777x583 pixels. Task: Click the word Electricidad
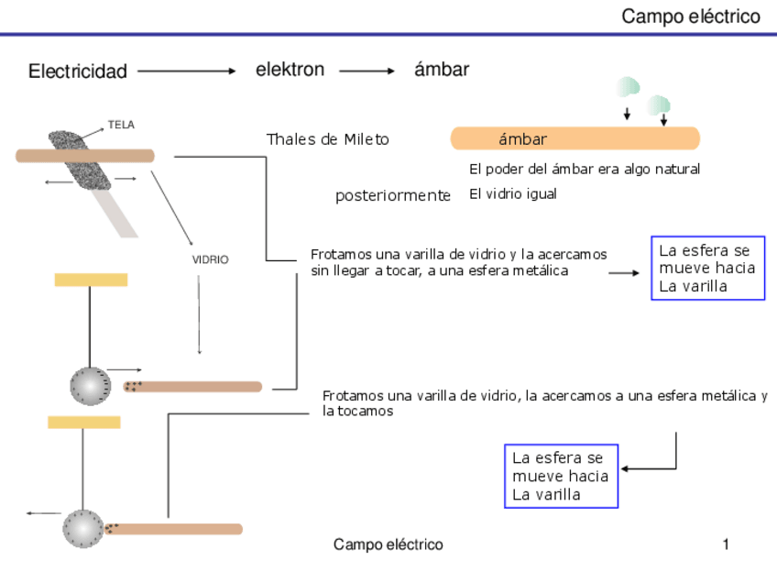(x=78, y=71)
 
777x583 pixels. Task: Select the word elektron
(x=290, y=70)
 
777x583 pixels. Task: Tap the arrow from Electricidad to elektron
(x=187, y=71)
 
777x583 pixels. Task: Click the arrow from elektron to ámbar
(x=367, y=71)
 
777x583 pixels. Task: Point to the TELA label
(x=121, y=125)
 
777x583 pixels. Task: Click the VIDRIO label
(x=210, y=260)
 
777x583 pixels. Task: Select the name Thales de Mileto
(x=327, y=139)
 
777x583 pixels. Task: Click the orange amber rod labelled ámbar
(x=575, y=138)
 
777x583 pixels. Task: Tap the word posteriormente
(x=393, y=195)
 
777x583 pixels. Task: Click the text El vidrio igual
(x=513, y=194)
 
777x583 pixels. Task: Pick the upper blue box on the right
(x=707, y=268)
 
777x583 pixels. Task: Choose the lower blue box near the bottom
(x=561, y=476)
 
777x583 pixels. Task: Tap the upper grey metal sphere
(x=90, y=385)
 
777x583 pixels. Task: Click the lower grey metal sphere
(x=82, y=529)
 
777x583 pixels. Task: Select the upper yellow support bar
(x=91, y=280)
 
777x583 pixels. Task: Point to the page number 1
(x=726, y=544)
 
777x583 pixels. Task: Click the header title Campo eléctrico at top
(x=691, y=16)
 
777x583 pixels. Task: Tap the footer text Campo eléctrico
(x=388, y=544)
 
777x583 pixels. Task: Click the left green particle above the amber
(x=628, y=88)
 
